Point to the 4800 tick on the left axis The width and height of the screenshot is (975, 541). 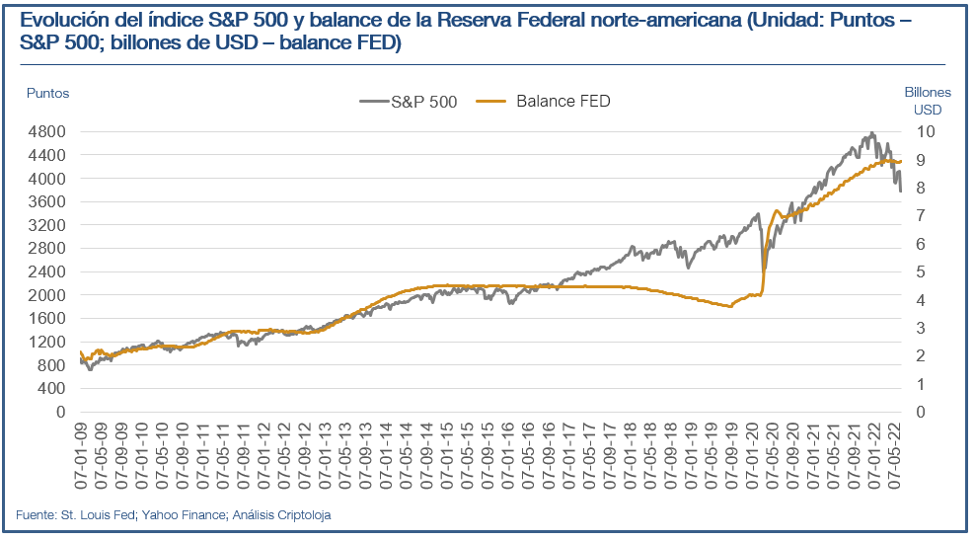[x=44, y=131]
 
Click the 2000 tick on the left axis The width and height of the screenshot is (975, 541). [x=44, y=295]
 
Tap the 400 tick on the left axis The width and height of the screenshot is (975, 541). [x=49, y=388]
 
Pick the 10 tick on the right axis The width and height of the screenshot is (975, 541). [x=922, y=131]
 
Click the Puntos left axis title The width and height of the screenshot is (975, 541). [x=47, y=93]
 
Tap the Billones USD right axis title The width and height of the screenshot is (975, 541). [x=926, y=101]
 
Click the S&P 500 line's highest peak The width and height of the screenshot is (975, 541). [x=871, y=133]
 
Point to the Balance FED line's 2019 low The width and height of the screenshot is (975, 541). [x=730, y=306]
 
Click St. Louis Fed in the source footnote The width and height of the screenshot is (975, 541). [x=103, y=514]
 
